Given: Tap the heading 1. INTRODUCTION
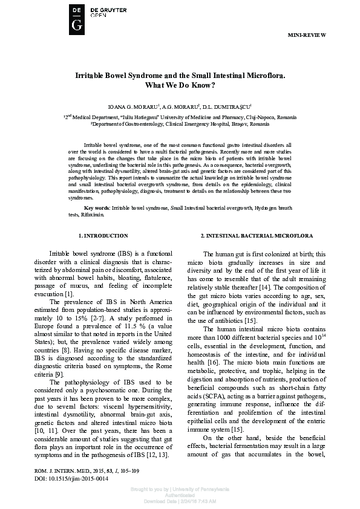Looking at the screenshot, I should [x=103, y=235].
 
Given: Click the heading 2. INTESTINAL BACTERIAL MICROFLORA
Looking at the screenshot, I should [x=257, y=235].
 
